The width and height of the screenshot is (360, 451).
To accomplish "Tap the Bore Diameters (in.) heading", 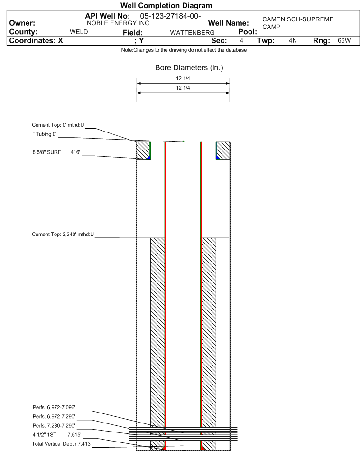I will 189,68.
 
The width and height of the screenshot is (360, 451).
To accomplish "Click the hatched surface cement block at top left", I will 143,150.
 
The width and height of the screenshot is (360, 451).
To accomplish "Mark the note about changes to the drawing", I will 180,50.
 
